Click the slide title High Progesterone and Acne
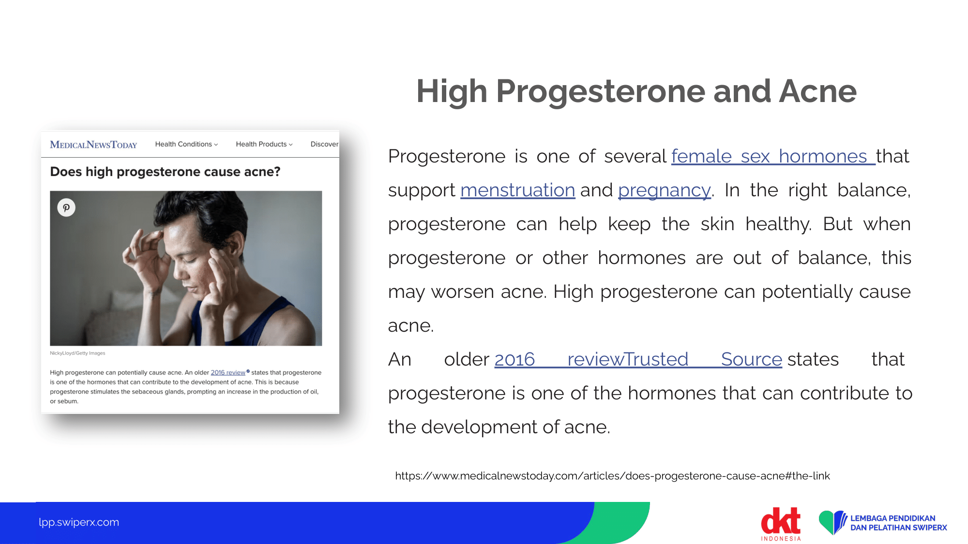(636, 91)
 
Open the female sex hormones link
(773, 156)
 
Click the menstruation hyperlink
(517, 190)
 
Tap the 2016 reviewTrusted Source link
(638, 359)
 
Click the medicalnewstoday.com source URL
(612, 476)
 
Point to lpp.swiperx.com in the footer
(79, 522)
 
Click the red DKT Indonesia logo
(781, 524)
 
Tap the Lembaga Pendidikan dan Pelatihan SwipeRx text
(898, 523)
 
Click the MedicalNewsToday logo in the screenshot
(93, 145)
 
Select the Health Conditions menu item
(186, 144)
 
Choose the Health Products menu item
(264, 144)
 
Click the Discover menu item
(324, 144)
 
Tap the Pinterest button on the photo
(66, 207)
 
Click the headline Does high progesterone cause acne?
(165, 172)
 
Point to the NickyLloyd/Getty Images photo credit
(77, 353)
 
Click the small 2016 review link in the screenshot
(228, 372)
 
